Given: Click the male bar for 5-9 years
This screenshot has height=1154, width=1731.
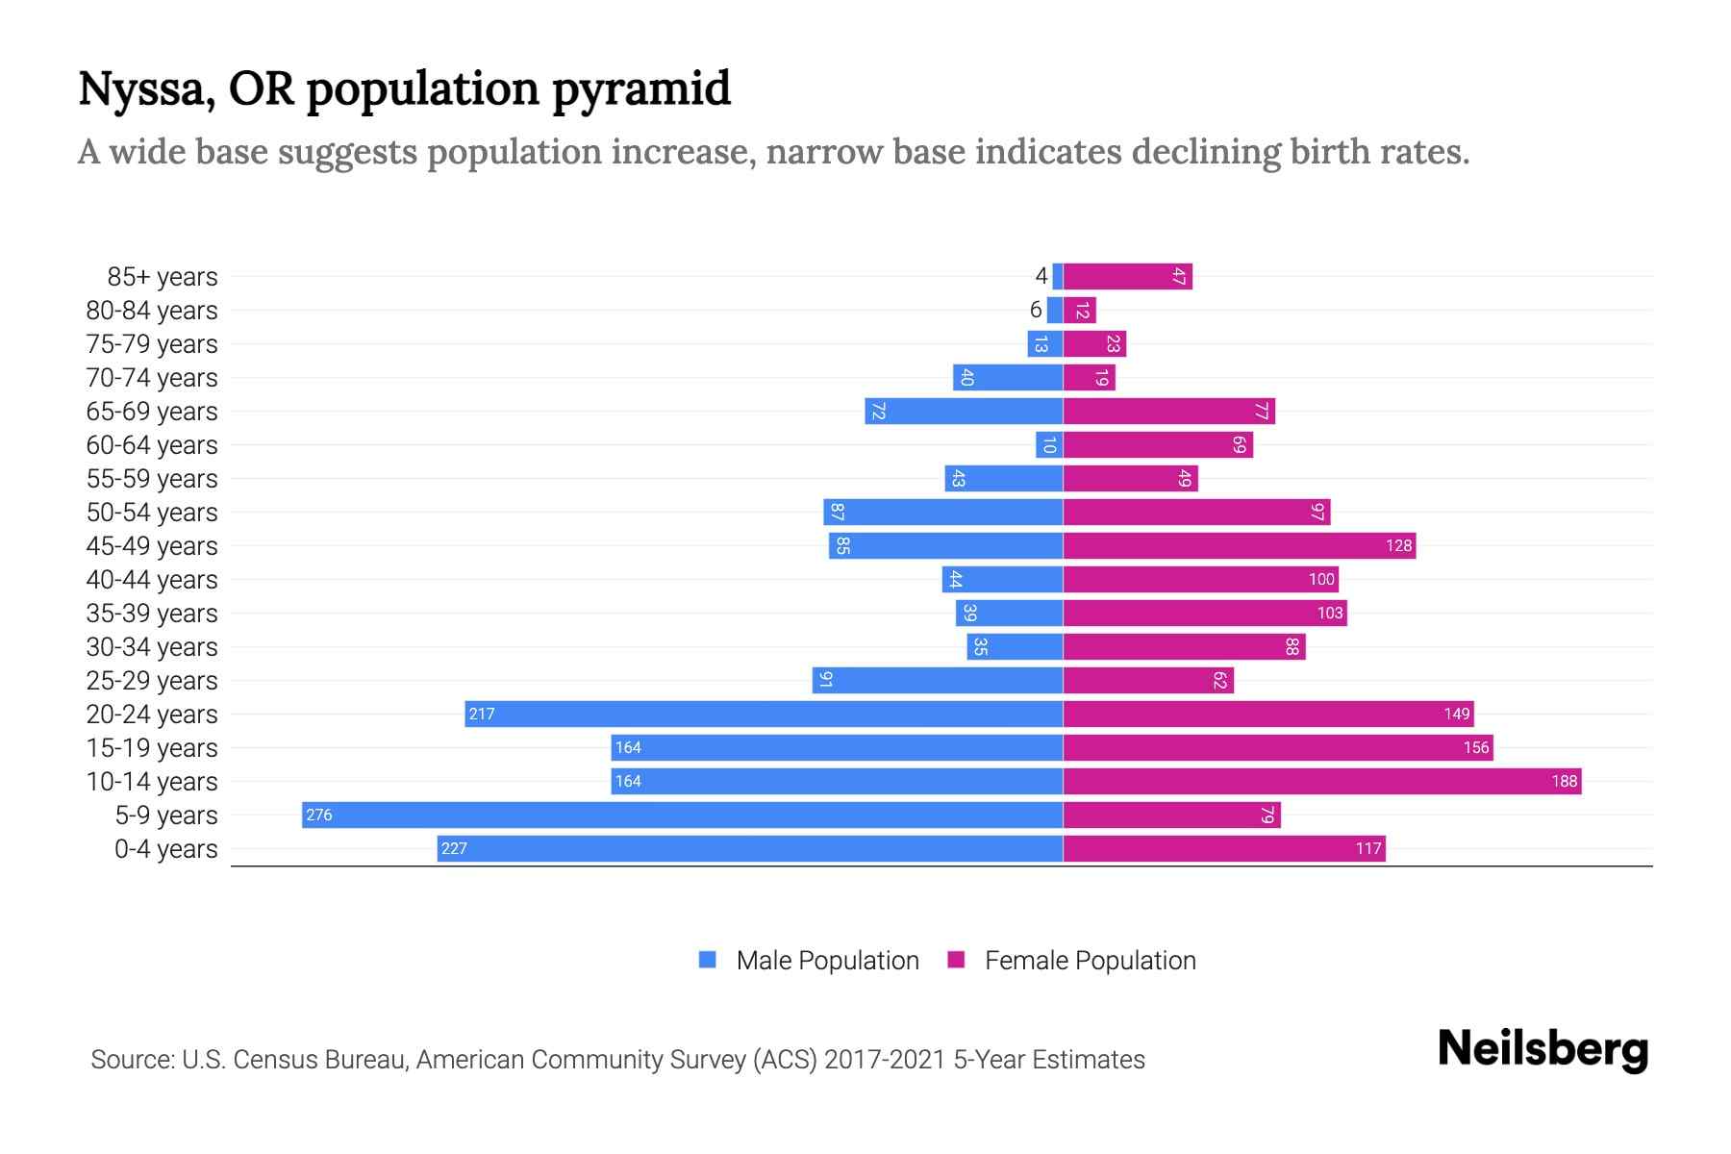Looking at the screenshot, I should click(x=683, y=815).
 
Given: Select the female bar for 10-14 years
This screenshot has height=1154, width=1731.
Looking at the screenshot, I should click(x=1322, y=781).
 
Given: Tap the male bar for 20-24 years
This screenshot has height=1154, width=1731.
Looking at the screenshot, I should click(x=765, y=714).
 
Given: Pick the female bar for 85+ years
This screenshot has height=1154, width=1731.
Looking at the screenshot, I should click(x=1127, y=276).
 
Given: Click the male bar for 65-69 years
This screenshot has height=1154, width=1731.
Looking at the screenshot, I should click(x=964, y=412).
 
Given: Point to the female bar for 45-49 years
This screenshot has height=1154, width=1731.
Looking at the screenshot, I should click(x=1239, y=546).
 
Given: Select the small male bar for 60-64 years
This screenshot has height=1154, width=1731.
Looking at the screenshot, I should click(x=1049, y=445).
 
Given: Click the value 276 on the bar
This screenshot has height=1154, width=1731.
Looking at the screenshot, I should click(x=318, y=815).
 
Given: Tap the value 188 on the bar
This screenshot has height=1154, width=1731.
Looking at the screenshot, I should click(x=1564, y=782).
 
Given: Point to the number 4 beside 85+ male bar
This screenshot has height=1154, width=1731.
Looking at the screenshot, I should click(x=1041, y=277).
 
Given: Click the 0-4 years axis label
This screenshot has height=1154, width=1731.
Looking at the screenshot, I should click(x=165, y=849).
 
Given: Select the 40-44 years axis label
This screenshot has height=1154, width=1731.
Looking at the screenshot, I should click(x=152, y=580).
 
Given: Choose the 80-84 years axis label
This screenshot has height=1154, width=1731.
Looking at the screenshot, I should click(x=152, y=311).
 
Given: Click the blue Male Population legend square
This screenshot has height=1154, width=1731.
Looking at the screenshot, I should click(x=708, y=960).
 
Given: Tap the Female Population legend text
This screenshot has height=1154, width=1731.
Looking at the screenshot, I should click(x=1090, y=961).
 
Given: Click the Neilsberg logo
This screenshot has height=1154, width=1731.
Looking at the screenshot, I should click(x=1543, y=1049).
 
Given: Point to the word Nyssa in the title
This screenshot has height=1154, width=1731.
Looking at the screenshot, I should click(x=145, y=89).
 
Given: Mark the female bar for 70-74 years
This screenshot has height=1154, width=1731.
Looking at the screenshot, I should click(x=1089, y=378).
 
